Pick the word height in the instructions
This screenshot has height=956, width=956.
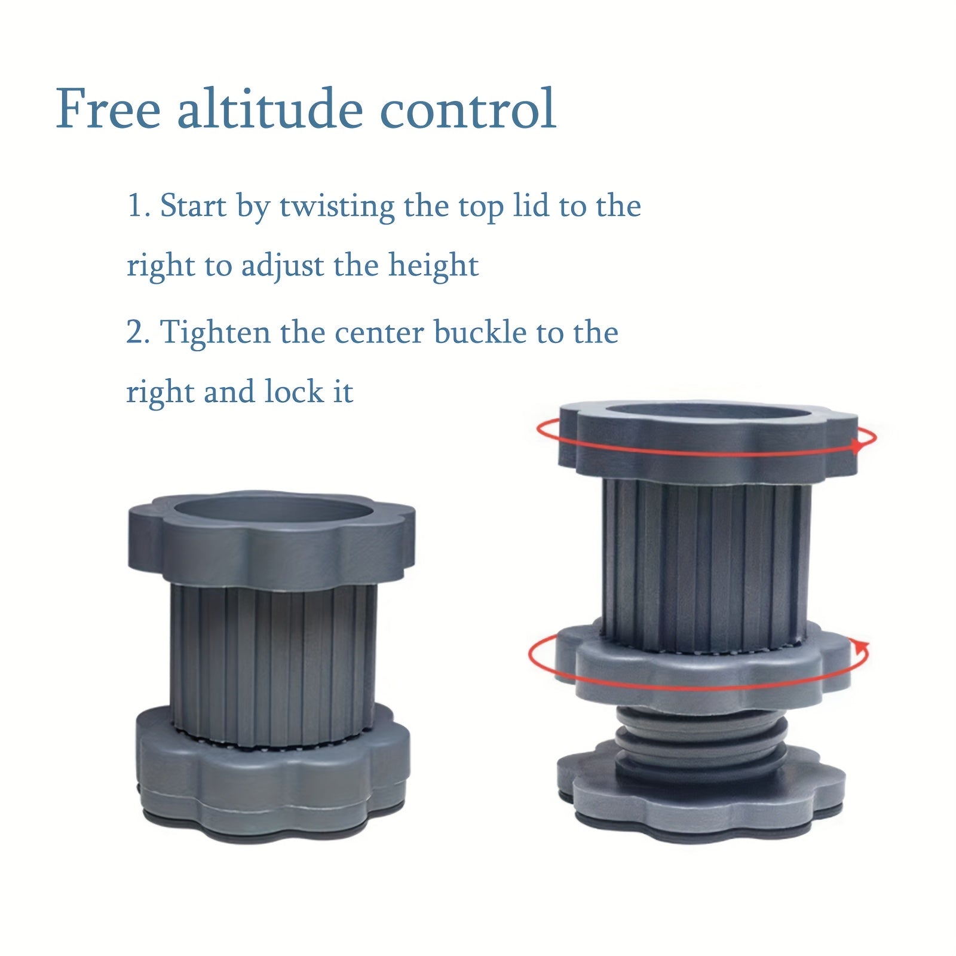433,266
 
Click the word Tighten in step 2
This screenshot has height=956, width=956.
216,333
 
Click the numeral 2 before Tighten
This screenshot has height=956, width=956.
136,333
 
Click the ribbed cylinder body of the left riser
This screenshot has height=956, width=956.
273,664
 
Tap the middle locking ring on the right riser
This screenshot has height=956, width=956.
703,663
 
